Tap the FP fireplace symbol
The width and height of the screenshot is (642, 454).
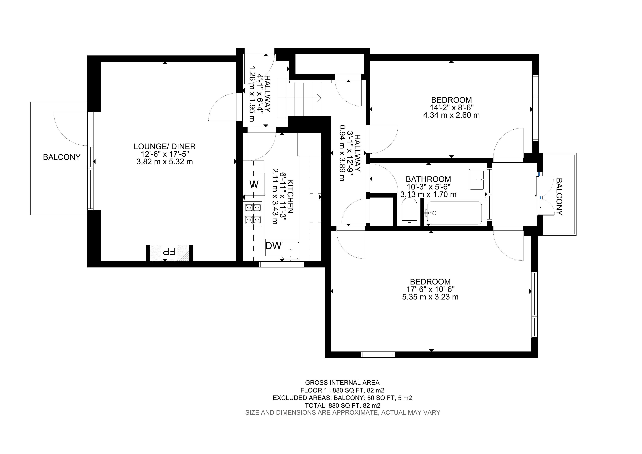coord(169,252)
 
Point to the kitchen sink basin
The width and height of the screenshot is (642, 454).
coord(291,250)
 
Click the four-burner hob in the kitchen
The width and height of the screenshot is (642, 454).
coord(253,214)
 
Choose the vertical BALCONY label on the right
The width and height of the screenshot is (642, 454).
coord(559,197)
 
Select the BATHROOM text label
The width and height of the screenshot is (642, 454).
coord(428,179)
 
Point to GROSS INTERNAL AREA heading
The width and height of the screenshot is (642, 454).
coord(342,383)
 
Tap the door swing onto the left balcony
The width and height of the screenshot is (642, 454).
coord(70,129)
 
